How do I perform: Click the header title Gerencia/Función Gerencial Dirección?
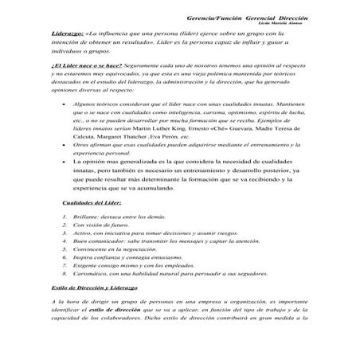point(252,18)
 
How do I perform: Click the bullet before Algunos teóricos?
point(64,104)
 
